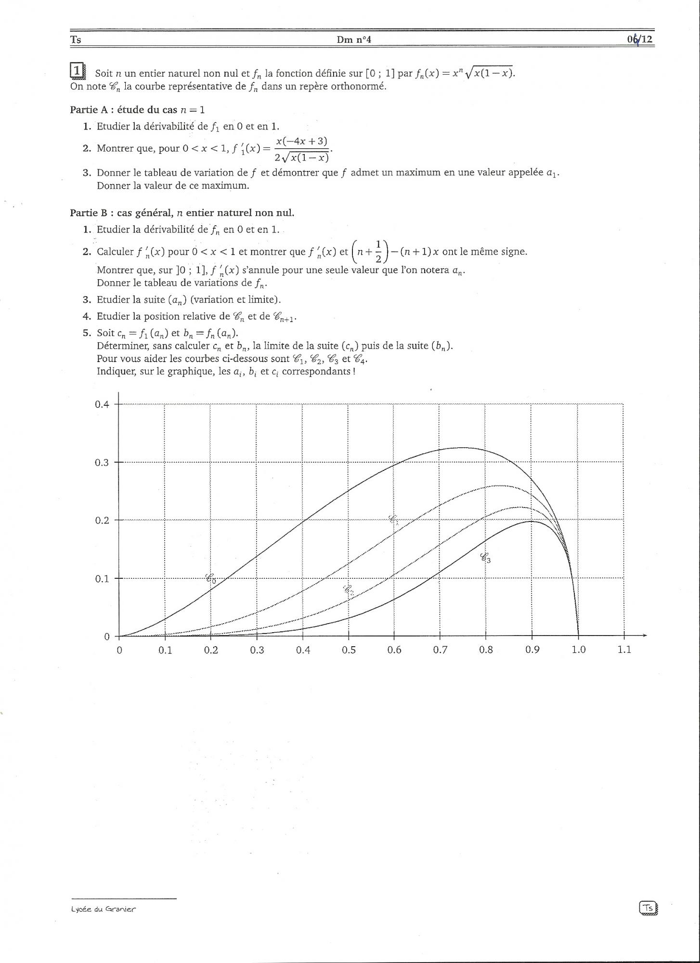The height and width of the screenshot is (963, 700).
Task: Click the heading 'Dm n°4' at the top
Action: point(354,39)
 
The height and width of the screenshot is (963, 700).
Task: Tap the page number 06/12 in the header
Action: point(640,39)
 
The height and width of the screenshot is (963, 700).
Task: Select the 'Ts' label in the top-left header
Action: point(76,40)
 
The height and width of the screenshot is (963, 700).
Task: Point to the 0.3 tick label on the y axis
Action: point(102,463)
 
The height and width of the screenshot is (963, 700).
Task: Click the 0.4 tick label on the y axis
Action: point(102,404)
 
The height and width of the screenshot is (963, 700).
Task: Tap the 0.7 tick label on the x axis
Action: point(440,650)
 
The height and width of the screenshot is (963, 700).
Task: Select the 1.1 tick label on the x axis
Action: point(624,650)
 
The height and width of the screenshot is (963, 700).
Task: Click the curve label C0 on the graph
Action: point(211,578)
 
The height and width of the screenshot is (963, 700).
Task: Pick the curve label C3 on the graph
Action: point(485,558)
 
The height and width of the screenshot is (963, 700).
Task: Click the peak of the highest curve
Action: point(456,448)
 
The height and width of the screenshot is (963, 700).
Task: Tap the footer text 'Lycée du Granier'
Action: point(103,909)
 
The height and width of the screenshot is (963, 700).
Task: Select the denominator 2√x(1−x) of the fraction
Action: point(302,157)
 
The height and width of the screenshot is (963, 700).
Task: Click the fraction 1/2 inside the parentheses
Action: point(378,251)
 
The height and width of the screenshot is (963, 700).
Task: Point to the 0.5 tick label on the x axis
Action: point(349,650)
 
